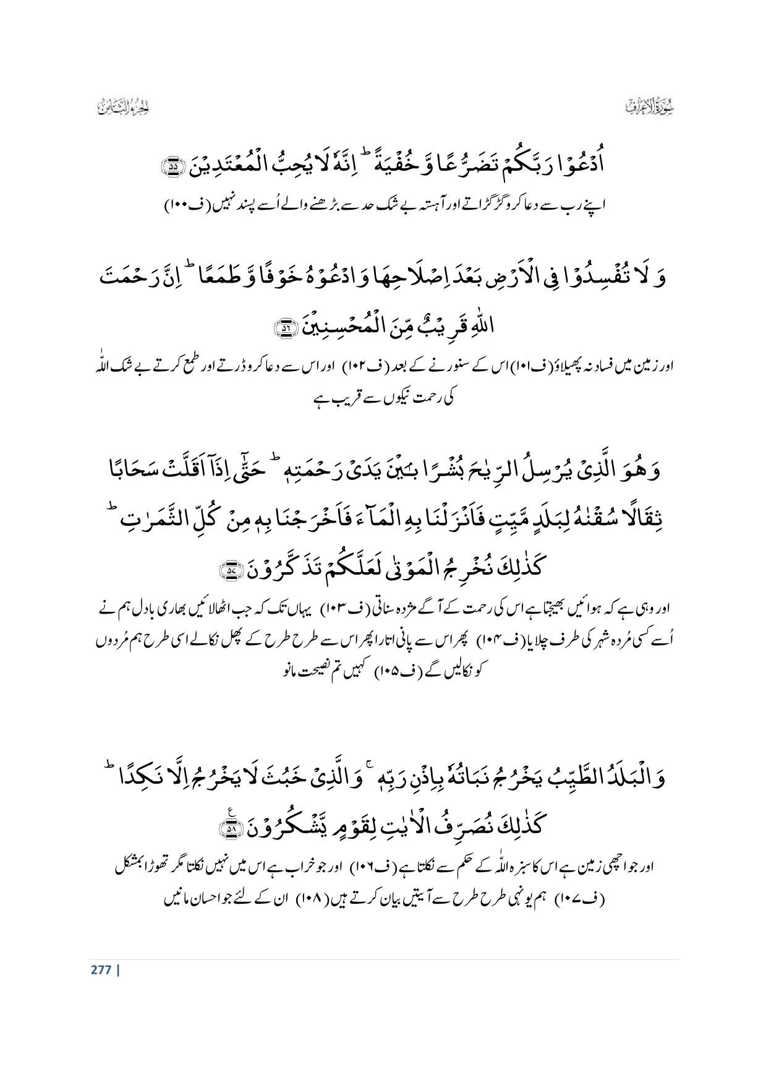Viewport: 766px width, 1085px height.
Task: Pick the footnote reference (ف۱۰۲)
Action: click(356, 367)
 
